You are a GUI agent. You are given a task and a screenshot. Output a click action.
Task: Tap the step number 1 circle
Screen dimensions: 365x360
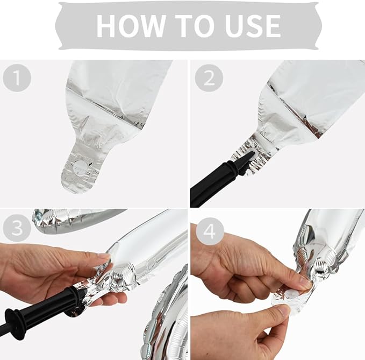[x=17, y=77]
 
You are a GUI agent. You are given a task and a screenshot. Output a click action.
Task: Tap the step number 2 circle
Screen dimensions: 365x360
[x=209, y=78]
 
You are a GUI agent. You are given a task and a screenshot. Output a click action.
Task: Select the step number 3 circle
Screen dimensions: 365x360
[x=17, y=228]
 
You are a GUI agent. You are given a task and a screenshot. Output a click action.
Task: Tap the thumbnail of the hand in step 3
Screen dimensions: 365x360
[x=104, y=256]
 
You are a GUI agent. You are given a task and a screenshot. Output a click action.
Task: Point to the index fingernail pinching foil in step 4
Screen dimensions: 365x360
[x=304, y=283]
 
